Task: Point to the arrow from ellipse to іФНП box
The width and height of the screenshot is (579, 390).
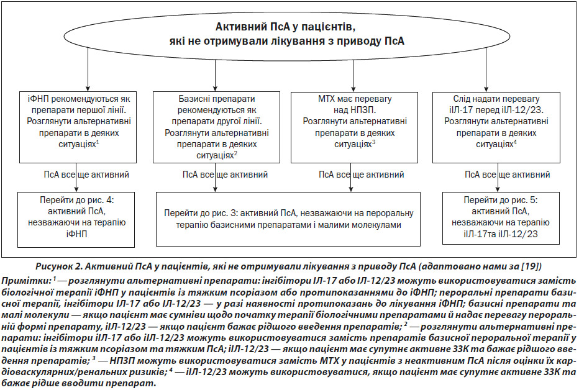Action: (x=88, y=70)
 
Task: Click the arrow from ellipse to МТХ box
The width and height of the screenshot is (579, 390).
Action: (x=353, y=75)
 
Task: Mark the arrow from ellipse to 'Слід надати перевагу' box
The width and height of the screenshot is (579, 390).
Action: (x=486, y=70)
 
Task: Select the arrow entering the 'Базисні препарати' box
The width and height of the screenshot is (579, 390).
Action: (x=216, y=75)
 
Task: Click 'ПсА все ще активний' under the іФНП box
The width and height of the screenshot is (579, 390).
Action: (x=86, y=175)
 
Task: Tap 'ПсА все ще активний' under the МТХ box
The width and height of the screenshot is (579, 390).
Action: (x=362, y=175)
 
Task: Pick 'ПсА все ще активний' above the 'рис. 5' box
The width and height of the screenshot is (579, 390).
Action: (x=508, y=175)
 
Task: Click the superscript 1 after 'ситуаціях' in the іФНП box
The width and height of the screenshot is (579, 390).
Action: (x=98, y=142)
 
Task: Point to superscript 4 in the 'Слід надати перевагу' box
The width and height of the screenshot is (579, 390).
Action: (x=515, y=142)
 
